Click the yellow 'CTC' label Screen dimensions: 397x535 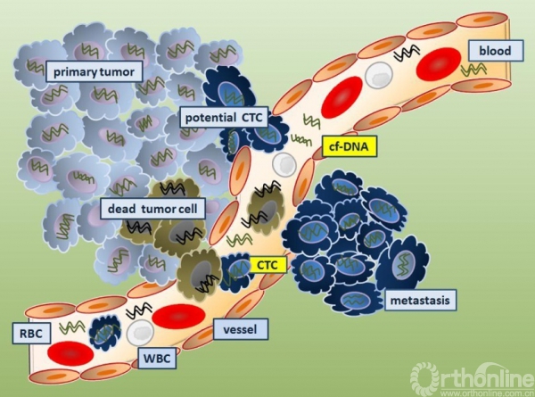point(266,264)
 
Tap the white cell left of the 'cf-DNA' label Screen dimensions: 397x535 point(284,163)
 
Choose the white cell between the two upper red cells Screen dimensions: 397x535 point(381,77)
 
